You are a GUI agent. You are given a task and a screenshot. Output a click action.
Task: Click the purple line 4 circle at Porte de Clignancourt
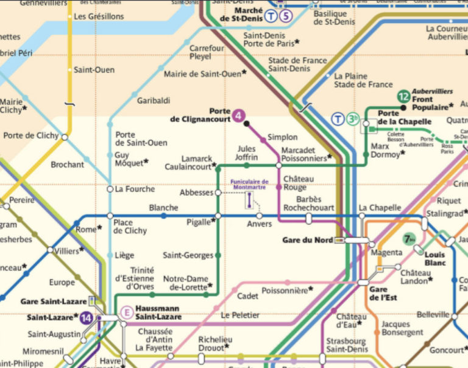point(239,115)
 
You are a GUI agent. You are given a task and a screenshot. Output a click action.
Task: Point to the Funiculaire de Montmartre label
point(250,184)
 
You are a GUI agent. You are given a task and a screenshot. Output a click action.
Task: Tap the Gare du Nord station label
point(308,240)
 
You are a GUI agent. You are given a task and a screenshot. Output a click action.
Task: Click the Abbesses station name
point(196,193)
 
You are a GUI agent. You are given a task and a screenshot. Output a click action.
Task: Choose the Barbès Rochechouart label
point(308,203)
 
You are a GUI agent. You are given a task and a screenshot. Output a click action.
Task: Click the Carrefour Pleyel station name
point(207,52)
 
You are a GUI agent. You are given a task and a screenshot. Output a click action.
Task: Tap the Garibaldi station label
point(154,101)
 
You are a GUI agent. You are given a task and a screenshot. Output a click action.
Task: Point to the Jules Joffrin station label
point(247,153)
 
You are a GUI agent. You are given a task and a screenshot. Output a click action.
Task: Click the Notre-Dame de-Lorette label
point(187,283)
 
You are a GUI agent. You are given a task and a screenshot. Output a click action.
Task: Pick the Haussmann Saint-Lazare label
point(158,313)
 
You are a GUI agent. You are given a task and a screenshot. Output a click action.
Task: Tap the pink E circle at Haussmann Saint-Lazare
point(127,313)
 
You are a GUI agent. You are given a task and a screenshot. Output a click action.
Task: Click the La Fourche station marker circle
point(110,189)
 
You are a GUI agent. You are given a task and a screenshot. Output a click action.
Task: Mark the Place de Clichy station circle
point(110,216)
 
